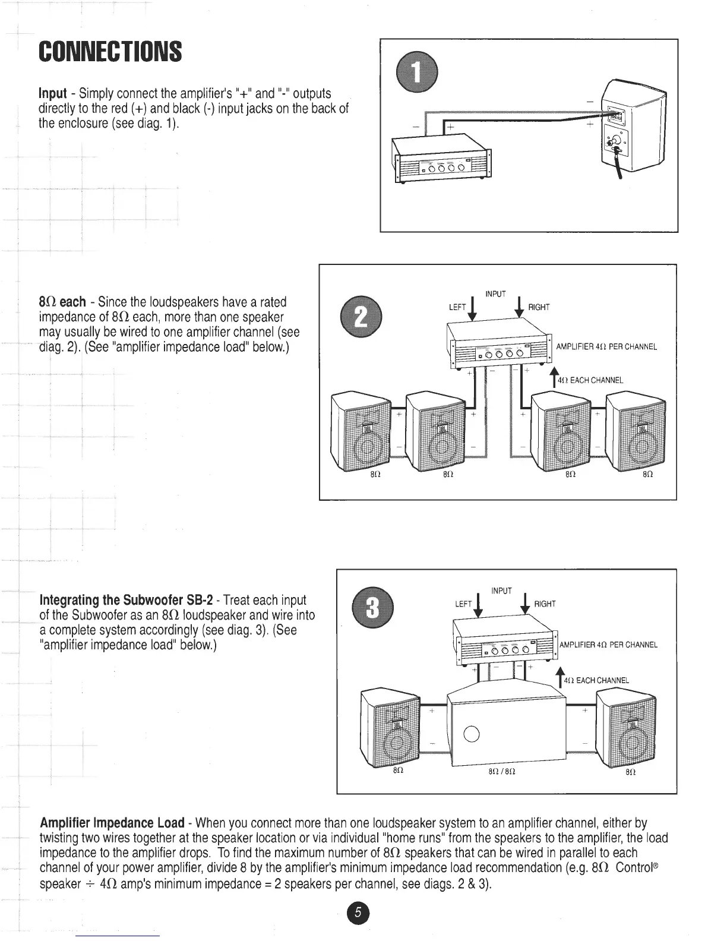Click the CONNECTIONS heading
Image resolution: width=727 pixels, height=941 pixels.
coord(110,52)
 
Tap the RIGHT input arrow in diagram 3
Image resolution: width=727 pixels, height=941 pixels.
coord(524,605)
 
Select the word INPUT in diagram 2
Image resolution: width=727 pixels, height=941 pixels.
coord(495,294)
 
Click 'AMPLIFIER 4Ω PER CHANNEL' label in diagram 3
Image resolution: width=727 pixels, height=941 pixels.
coord(608,645)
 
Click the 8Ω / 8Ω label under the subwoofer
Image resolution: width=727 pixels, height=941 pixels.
coord(497,772)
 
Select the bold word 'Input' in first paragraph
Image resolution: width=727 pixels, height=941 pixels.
coord(52,94)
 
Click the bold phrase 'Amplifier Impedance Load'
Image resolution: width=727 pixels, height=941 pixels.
coord(112,823)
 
